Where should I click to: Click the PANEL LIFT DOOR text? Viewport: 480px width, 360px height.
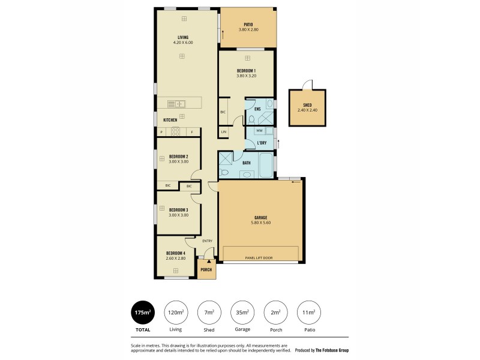coord(259,258)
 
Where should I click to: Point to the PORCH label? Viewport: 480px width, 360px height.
coord(206,269)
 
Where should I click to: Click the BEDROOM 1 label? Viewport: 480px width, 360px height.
coord(247,71)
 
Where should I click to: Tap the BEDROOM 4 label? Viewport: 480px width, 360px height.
coord(176,253)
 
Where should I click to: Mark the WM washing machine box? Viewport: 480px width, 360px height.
coord(260,131)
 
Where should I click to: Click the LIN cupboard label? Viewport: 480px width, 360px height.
coord(224,131)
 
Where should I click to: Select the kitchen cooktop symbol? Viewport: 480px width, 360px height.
coord(176,131)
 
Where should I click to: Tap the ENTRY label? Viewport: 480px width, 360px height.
coord(207,241)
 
